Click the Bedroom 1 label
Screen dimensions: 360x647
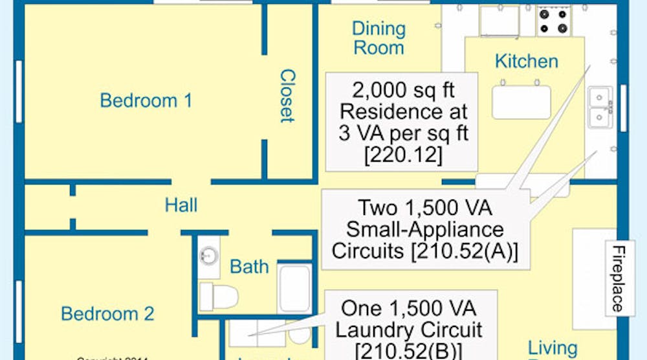[146, 101]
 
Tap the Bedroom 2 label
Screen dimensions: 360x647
[107, 314]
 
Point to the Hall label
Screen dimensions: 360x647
[181, 206]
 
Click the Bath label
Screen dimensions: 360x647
[249, 266]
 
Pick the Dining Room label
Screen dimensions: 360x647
[378, 38]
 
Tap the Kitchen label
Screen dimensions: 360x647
[526, 61]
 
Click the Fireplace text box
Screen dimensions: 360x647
[619, 278]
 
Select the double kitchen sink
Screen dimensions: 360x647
[601, 107]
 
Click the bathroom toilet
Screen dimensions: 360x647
[217, 296]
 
